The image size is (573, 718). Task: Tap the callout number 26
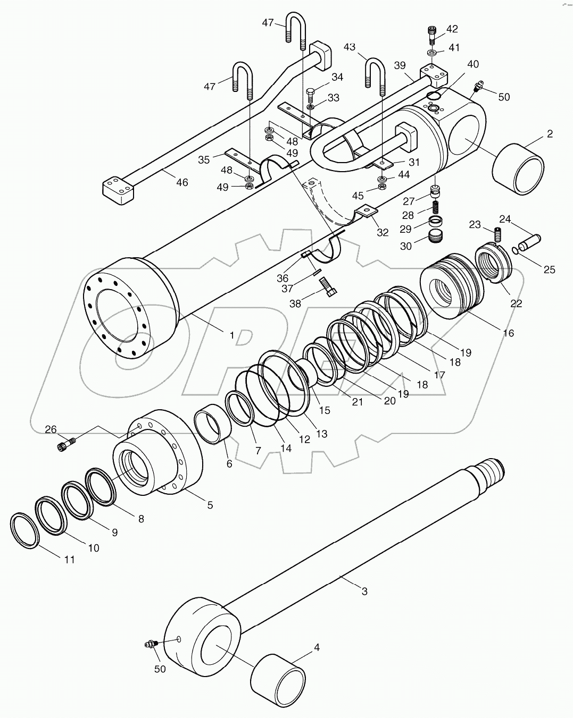pos(51,429)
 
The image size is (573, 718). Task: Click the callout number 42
pos(452,29)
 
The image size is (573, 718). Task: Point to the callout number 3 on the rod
pos(364,591)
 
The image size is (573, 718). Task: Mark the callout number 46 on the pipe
pos(182,183)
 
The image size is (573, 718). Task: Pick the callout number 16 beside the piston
pos(508,333)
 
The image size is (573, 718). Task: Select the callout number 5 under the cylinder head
pos(210,505)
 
